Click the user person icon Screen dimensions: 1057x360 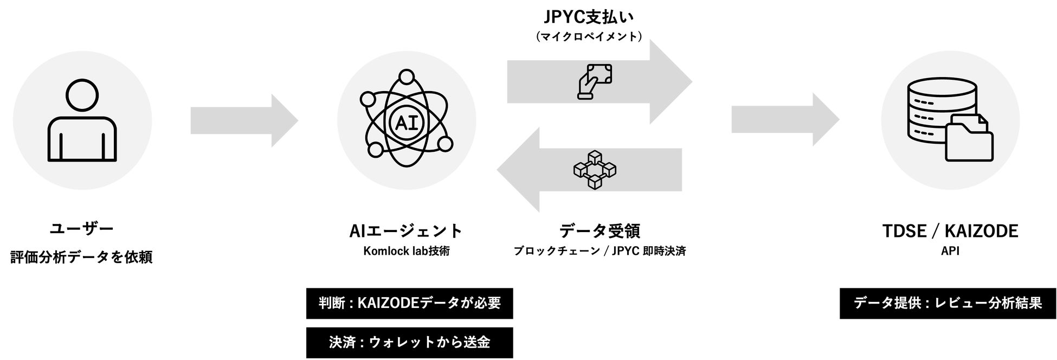82,120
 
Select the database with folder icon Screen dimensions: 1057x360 950,120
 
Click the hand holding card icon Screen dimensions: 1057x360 594,82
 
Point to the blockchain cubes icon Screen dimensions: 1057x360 595,170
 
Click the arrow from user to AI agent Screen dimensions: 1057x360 244,120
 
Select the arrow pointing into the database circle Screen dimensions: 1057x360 785,120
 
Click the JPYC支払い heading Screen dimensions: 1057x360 588,17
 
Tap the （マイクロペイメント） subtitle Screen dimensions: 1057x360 588,36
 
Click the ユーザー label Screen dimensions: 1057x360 82,229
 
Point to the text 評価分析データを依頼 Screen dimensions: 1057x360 82,257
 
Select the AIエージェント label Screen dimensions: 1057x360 406,231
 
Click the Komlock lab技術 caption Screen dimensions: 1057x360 406,251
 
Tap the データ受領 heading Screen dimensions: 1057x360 600,231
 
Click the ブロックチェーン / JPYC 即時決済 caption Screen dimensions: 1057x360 600,251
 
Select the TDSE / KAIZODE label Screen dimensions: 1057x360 950,231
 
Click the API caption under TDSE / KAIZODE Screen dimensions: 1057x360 950,251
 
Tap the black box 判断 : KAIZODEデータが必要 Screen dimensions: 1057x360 409,303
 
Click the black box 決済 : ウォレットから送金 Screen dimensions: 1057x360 409,343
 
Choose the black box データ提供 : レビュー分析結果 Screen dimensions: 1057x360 948,303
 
